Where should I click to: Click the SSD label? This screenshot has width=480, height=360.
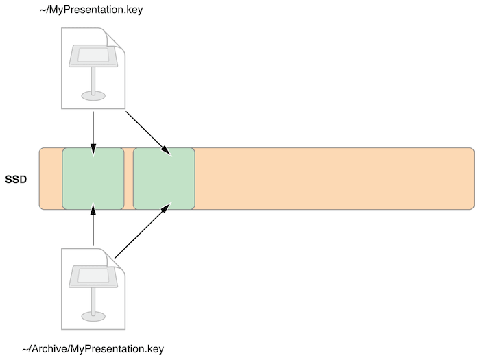[x=16, y=179]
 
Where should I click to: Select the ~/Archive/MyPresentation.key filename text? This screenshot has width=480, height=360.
[x=93, y=349]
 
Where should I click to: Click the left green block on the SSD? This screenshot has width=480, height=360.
[x=93, y=178]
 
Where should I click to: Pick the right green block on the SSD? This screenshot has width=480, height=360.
[x=164, y=178]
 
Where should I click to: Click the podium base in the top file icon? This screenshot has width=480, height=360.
[x=93, y=95]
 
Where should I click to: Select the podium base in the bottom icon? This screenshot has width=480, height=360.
[x=93, y=315]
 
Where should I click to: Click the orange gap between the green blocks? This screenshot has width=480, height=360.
[x=129, y=178]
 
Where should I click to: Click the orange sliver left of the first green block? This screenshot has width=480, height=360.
[x=51, y=178]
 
